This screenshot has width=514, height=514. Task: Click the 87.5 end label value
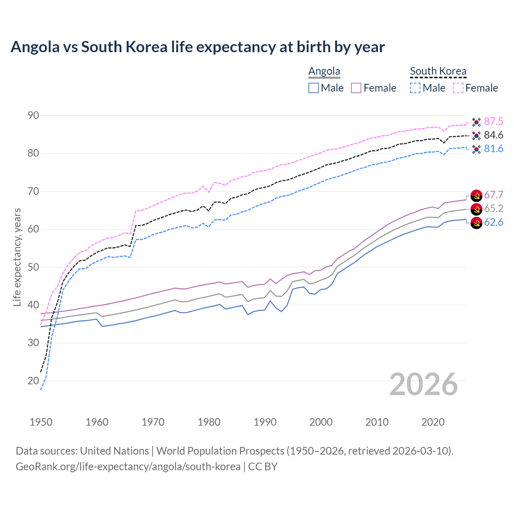click(x=494, y=121)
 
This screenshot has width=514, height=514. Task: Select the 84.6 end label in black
click(x=494, y=135)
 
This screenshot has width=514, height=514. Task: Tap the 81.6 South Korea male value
click(x=494, y=149)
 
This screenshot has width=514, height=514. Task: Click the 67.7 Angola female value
click(x=494, y=195)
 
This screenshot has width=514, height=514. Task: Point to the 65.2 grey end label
click(x=494, y=208)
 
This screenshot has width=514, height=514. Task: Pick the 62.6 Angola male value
click(x=494, y=222)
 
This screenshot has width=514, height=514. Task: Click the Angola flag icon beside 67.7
click(x=476, y=196)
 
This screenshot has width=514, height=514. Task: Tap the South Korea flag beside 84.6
click(x=476, y=135)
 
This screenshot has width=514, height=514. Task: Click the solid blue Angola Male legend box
click(x=314, y=88)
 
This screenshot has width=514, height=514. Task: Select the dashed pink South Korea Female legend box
click(x=458, y=88)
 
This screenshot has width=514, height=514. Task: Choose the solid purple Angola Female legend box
click(x=356, y=88)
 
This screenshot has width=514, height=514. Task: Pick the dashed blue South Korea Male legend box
click(x=415, y=88)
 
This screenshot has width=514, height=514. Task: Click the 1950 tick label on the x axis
click(x=41, y=422)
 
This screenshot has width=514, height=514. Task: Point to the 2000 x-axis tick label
click(x=321, y=422)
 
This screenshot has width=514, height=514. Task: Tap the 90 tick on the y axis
click(x=33, y=116)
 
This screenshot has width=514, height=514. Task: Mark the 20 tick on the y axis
click(x=33, y=381)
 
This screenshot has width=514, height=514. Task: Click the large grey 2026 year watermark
click(x=424, y=384)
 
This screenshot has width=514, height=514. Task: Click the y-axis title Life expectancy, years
click(x=17, y=257)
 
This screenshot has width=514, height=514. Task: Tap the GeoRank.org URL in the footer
click(x=128, y=467)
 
